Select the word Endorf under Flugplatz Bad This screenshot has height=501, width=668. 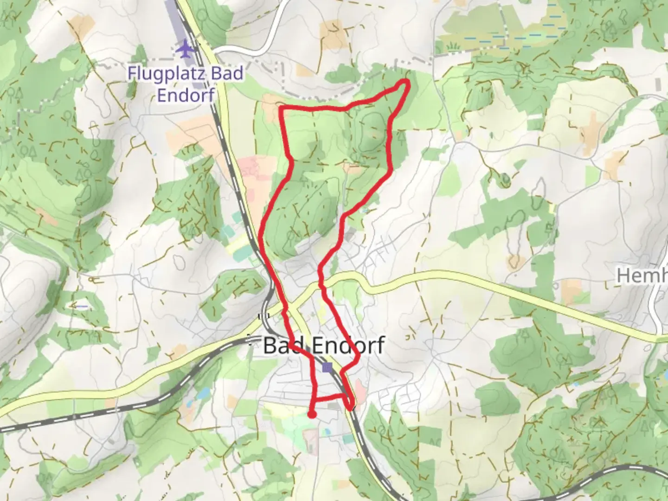click(186, 95)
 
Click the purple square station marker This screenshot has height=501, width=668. click(328, 367)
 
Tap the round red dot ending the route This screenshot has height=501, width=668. click(312, 414)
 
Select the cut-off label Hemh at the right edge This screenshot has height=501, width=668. click(642, 276)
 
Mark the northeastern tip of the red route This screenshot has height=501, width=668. click(407, 82)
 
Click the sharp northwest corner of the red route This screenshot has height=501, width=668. click(282, 108)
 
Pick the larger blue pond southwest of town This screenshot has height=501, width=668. click(203, 394)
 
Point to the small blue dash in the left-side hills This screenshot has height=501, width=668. click(82, 306)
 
